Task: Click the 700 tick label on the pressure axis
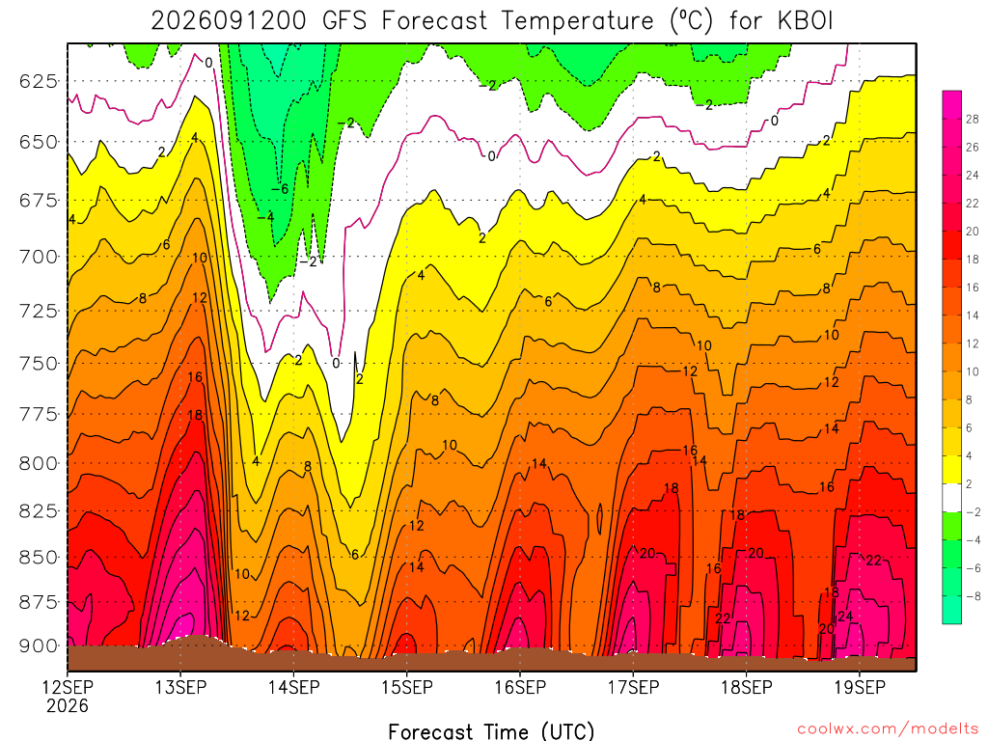point(38,257)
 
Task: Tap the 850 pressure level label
point(38,558)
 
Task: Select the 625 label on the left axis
point(38,81)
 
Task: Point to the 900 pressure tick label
point(38,645)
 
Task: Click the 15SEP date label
point(407,687)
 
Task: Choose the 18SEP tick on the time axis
point(747,687)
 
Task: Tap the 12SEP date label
point(68,687)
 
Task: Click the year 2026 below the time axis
point(68,705)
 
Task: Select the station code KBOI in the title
point(806,21)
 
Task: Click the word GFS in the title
point(344,21)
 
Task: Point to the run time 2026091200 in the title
point(228,21)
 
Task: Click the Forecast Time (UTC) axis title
point(491,731)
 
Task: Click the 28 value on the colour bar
point(973,119)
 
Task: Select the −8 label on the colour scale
point(973,596)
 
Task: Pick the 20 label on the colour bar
point(973,232)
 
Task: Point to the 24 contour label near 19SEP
point(845,616)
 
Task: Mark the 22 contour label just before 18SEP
point(723,618)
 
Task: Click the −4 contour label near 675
point(266,217)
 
